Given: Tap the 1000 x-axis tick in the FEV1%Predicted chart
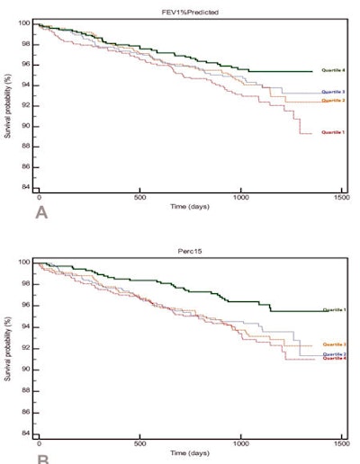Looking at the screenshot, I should pyautogui.click(x=240, y=196).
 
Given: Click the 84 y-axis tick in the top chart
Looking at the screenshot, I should pyautogui.click(x=25, y=188).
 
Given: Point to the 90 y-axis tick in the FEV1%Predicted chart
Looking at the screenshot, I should pyautogui.click(x=25, y=126).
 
